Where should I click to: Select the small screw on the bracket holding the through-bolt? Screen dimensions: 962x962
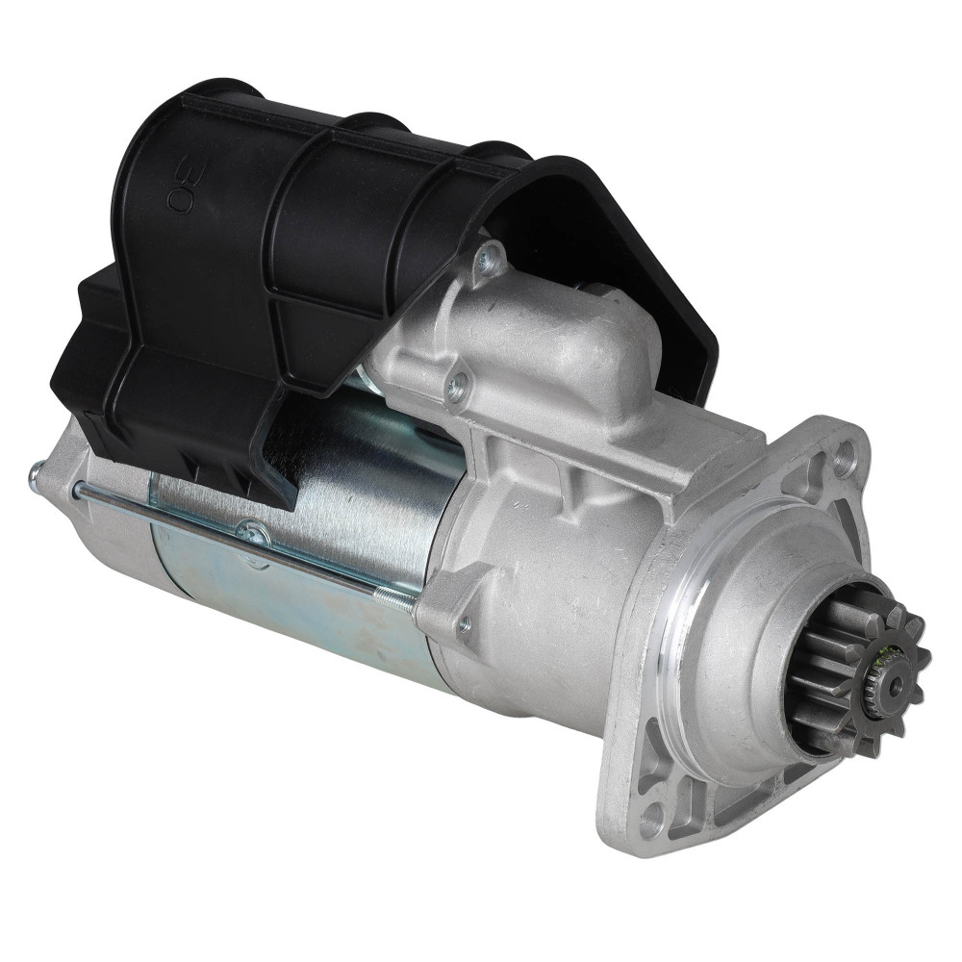(x=465, y=625)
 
